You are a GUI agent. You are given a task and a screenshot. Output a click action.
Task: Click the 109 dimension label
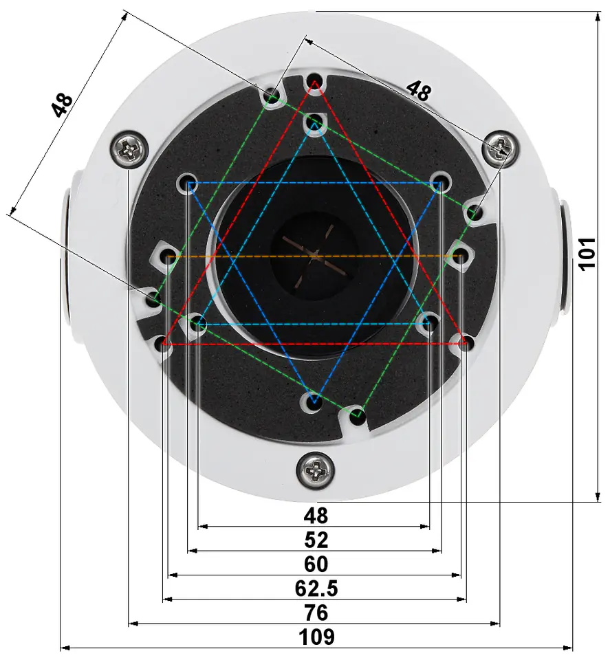[x=316, y=637]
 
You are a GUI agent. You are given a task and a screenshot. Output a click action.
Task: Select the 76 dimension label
[x=316, y=613]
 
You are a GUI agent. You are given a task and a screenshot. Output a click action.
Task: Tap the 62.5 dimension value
[x=316, y=588]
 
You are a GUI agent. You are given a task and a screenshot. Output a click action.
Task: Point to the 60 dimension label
[x=316, y=564]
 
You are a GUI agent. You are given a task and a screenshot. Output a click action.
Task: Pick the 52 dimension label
[x=316, y=540]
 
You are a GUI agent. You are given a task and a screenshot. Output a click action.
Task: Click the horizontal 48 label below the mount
[x=316, y=516]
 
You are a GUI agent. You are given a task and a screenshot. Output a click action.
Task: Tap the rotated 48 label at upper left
[x=63, y=104]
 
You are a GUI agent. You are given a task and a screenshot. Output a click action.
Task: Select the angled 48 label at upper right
[x=418, y=91]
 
